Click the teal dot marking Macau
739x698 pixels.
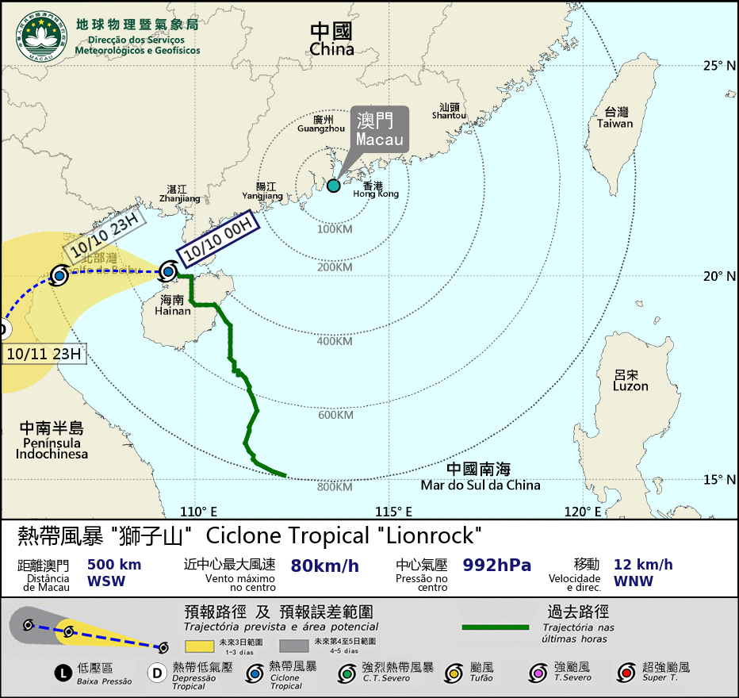tap(334, 186)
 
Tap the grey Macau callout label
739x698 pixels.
tap(380, 128)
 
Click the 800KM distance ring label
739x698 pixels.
tap(335, 487)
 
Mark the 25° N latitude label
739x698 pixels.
tap(720, 66)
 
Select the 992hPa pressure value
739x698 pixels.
tap(496, 566)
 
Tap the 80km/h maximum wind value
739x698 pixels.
tap(325, 566)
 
